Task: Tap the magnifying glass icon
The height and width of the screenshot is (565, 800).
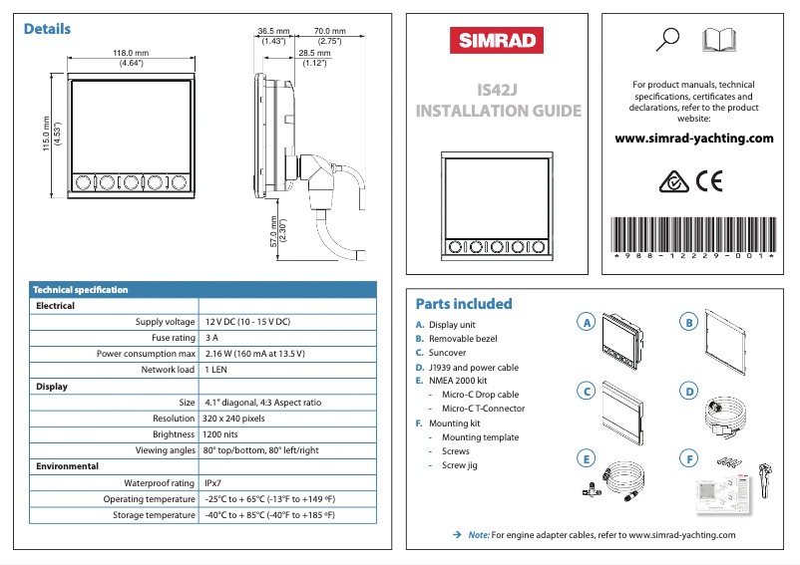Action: coord(669,39)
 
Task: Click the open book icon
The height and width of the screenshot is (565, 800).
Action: coord(720,40)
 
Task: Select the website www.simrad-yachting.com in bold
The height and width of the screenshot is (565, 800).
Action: coord(694,139)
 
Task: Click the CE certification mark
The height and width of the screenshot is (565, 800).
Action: coord(709,181)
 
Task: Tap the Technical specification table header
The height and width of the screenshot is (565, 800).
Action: coord(81,290)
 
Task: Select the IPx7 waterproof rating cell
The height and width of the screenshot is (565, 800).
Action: coord(212,483)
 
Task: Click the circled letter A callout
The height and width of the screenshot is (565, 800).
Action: coord(588,322)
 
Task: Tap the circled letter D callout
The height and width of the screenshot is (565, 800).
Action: coord(687,391)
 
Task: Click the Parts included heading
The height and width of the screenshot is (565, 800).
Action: coord(463,304)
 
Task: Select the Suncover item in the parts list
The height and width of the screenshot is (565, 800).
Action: coord(447,353)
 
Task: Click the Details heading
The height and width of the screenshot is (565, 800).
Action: coord(47,29)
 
